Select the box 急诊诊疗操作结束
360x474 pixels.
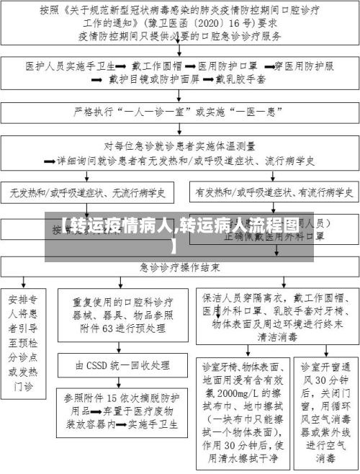point(180,267)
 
